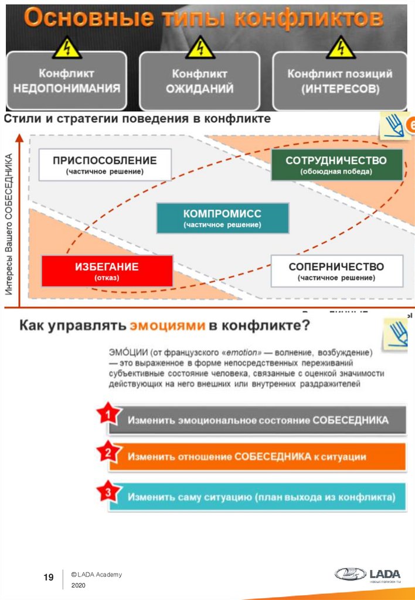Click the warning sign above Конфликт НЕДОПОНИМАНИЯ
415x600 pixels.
(66, 47)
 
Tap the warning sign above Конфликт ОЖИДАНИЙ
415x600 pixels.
(200, 47)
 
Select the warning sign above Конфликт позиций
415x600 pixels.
(341, 47)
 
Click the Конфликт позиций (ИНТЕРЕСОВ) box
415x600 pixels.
(340, 81)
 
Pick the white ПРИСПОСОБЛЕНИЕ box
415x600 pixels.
(105, 165)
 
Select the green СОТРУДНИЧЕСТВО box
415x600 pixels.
(336, 165)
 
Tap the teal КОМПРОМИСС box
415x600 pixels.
(222, 218)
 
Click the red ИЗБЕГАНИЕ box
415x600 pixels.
(107, 271)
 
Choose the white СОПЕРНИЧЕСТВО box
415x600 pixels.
(336, 271)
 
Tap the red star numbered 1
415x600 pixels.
(106, 415)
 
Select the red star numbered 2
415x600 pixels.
(107, 452)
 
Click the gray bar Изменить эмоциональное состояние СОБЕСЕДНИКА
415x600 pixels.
(258, 420)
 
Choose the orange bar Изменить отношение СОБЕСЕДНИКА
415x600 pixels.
(258, 456)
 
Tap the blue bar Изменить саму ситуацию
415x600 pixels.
(258, 497)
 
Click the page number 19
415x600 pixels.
(49, 578)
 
